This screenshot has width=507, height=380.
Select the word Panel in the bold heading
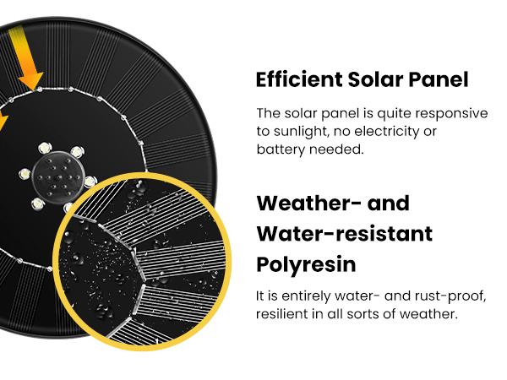438,80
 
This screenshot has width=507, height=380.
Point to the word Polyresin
305,263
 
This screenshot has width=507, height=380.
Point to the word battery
280,149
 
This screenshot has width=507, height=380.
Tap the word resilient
282,314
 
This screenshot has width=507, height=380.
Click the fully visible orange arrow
30,68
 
